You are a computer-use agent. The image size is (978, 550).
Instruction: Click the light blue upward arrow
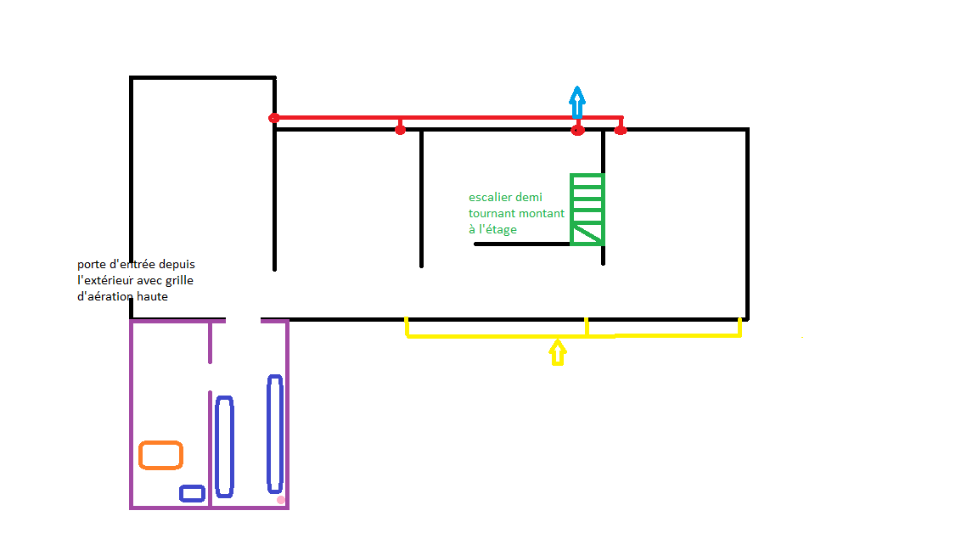coord(577,101)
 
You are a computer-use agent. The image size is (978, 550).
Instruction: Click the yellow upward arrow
coord(558,351)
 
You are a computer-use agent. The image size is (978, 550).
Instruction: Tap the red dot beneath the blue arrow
coord(578,130)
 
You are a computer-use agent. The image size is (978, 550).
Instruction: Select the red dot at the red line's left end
coord(274,118)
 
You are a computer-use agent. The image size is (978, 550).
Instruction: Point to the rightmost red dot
coord(621,130)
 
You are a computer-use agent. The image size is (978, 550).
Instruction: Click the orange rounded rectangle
coord(160,456)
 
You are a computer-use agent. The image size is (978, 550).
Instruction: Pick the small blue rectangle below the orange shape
coord(192,493)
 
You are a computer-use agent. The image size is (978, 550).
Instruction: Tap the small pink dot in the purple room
coord(281,500)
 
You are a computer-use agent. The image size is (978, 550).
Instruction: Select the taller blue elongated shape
coord(274,434)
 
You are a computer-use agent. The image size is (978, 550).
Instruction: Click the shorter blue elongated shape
coord(224,446)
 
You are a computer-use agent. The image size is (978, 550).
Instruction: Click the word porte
coord(91,265)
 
